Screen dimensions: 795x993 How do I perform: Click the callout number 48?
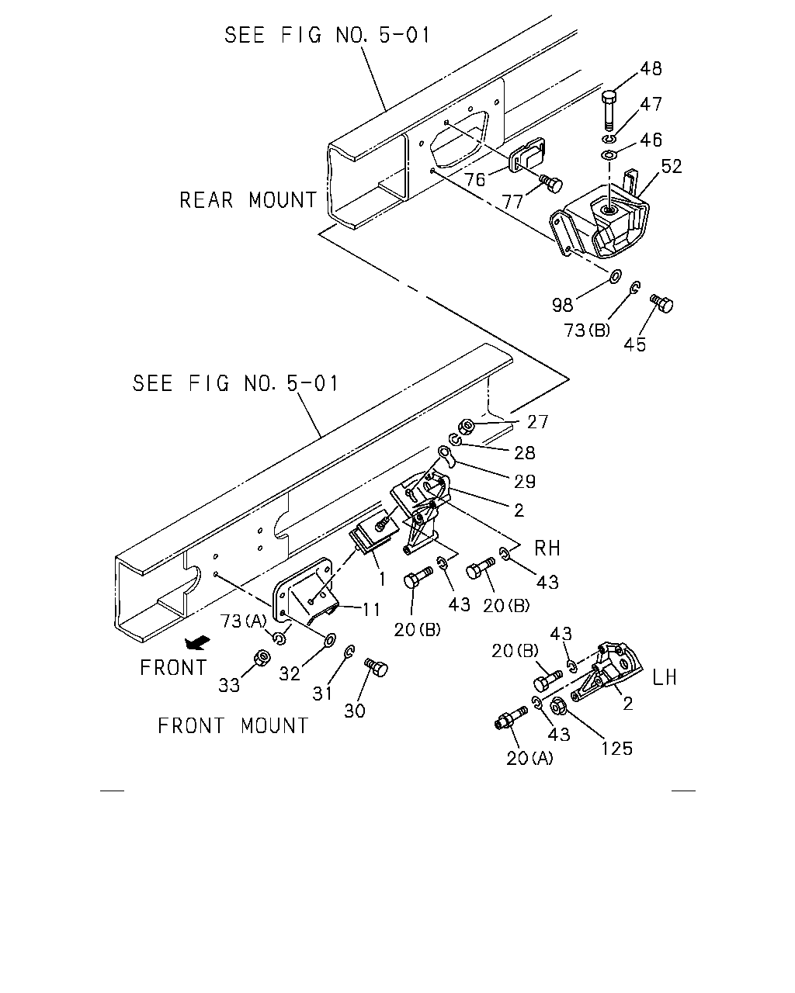tap(651, 69)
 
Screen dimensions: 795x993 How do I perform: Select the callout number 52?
tap(672, 167)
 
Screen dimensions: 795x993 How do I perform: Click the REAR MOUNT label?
tap(248, 200)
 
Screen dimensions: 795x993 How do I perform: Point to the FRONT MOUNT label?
tap(233, 726)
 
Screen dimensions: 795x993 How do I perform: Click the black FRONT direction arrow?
tap(198, 642)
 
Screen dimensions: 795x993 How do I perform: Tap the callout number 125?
tap(616, 749)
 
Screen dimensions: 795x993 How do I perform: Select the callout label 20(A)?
tap(529, 758)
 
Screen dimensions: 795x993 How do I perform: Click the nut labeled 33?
tap(263, 658)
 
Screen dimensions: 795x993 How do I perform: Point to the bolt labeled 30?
tap(377, 667)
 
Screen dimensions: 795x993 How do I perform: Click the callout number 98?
tap(563, 305)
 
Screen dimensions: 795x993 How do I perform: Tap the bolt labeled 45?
tap(662, 303)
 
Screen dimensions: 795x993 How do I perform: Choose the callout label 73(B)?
tap(587, 330)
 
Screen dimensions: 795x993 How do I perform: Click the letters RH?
tap(547, 548)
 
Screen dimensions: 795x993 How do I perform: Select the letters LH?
tap(665, 678)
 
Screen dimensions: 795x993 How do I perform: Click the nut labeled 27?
tap(466, 426)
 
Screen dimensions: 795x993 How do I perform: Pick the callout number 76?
tap(475, 179)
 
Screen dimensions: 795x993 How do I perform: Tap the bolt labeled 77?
tap(551, 183)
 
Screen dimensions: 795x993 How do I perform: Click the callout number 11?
tap(371, 610)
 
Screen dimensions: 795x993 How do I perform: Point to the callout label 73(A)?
tap(244, 621)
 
